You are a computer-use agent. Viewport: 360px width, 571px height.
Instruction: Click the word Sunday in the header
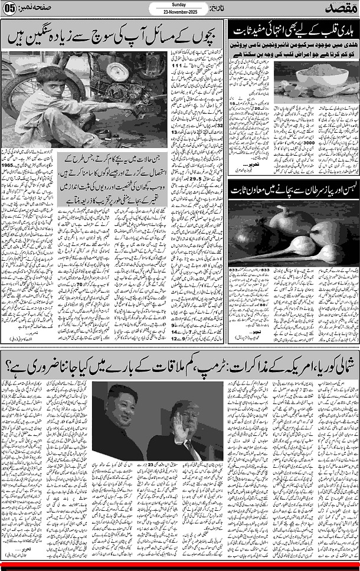pos(178,4)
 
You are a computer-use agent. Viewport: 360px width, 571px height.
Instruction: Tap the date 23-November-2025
pos(178,11)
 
